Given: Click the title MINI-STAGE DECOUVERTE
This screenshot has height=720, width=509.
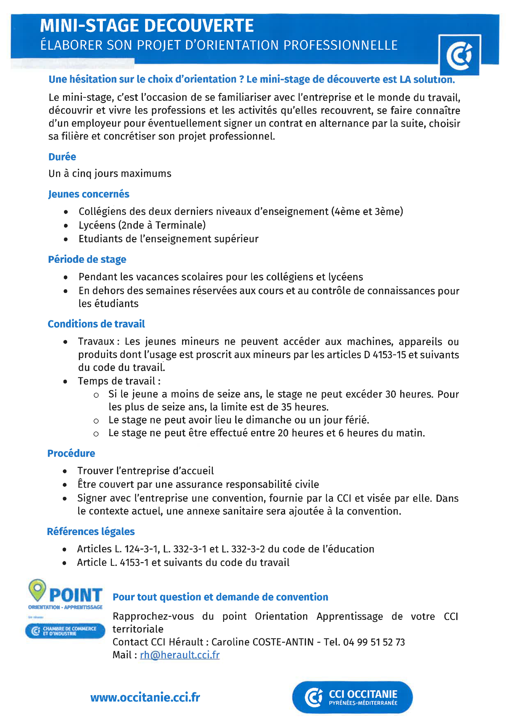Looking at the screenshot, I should click(x=147, y=26).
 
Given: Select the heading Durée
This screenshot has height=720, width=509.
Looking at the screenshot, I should click(x=62, y=157).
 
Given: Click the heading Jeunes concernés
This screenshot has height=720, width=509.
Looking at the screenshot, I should click(x=89, y=194).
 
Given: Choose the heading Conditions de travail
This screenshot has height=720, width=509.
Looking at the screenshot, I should click(x=96, y=324).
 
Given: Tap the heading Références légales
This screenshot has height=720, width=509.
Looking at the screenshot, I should click(x=91, y=532).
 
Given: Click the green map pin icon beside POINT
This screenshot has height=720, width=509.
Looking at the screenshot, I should click(x=37, y=589).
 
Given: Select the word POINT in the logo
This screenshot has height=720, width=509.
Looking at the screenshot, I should click(x=76, y=595).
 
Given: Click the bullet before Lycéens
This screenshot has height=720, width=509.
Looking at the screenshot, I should click(x=65, y=225).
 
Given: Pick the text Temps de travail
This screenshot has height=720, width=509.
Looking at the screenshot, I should click(x=117, y=381).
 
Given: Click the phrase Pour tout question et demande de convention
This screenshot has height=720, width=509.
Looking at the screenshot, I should click(x=220, y=597).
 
